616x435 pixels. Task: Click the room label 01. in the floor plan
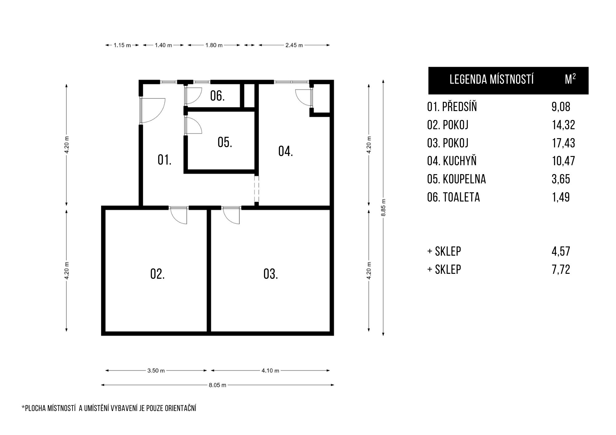coord(164,160)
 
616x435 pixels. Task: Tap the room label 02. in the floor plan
coord(157,274)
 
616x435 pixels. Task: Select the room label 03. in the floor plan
coord(271,274)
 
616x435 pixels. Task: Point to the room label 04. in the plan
coord(286,151)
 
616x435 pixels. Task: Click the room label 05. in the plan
coord(225,142)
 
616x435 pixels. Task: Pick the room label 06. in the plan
coord(217,96)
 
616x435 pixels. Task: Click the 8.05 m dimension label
coord(217,385)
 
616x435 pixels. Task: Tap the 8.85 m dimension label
coord(383,208)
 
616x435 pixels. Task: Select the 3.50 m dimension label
coord(156,370)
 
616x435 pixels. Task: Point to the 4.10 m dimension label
coord(270,370)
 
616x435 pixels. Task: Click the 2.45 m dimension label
coord(294,45)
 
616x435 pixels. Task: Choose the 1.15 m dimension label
coord(122,45)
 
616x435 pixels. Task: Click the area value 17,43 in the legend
coord(563,143)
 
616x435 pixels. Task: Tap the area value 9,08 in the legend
coord(561,107)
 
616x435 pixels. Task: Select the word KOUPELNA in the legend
coord(464,179)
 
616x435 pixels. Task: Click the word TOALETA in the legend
coord(461,197)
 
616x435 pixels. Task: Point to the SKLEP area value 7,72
coord(561,269)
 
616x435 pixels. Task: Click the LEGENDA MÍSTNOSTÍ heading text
coord(492,79)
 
